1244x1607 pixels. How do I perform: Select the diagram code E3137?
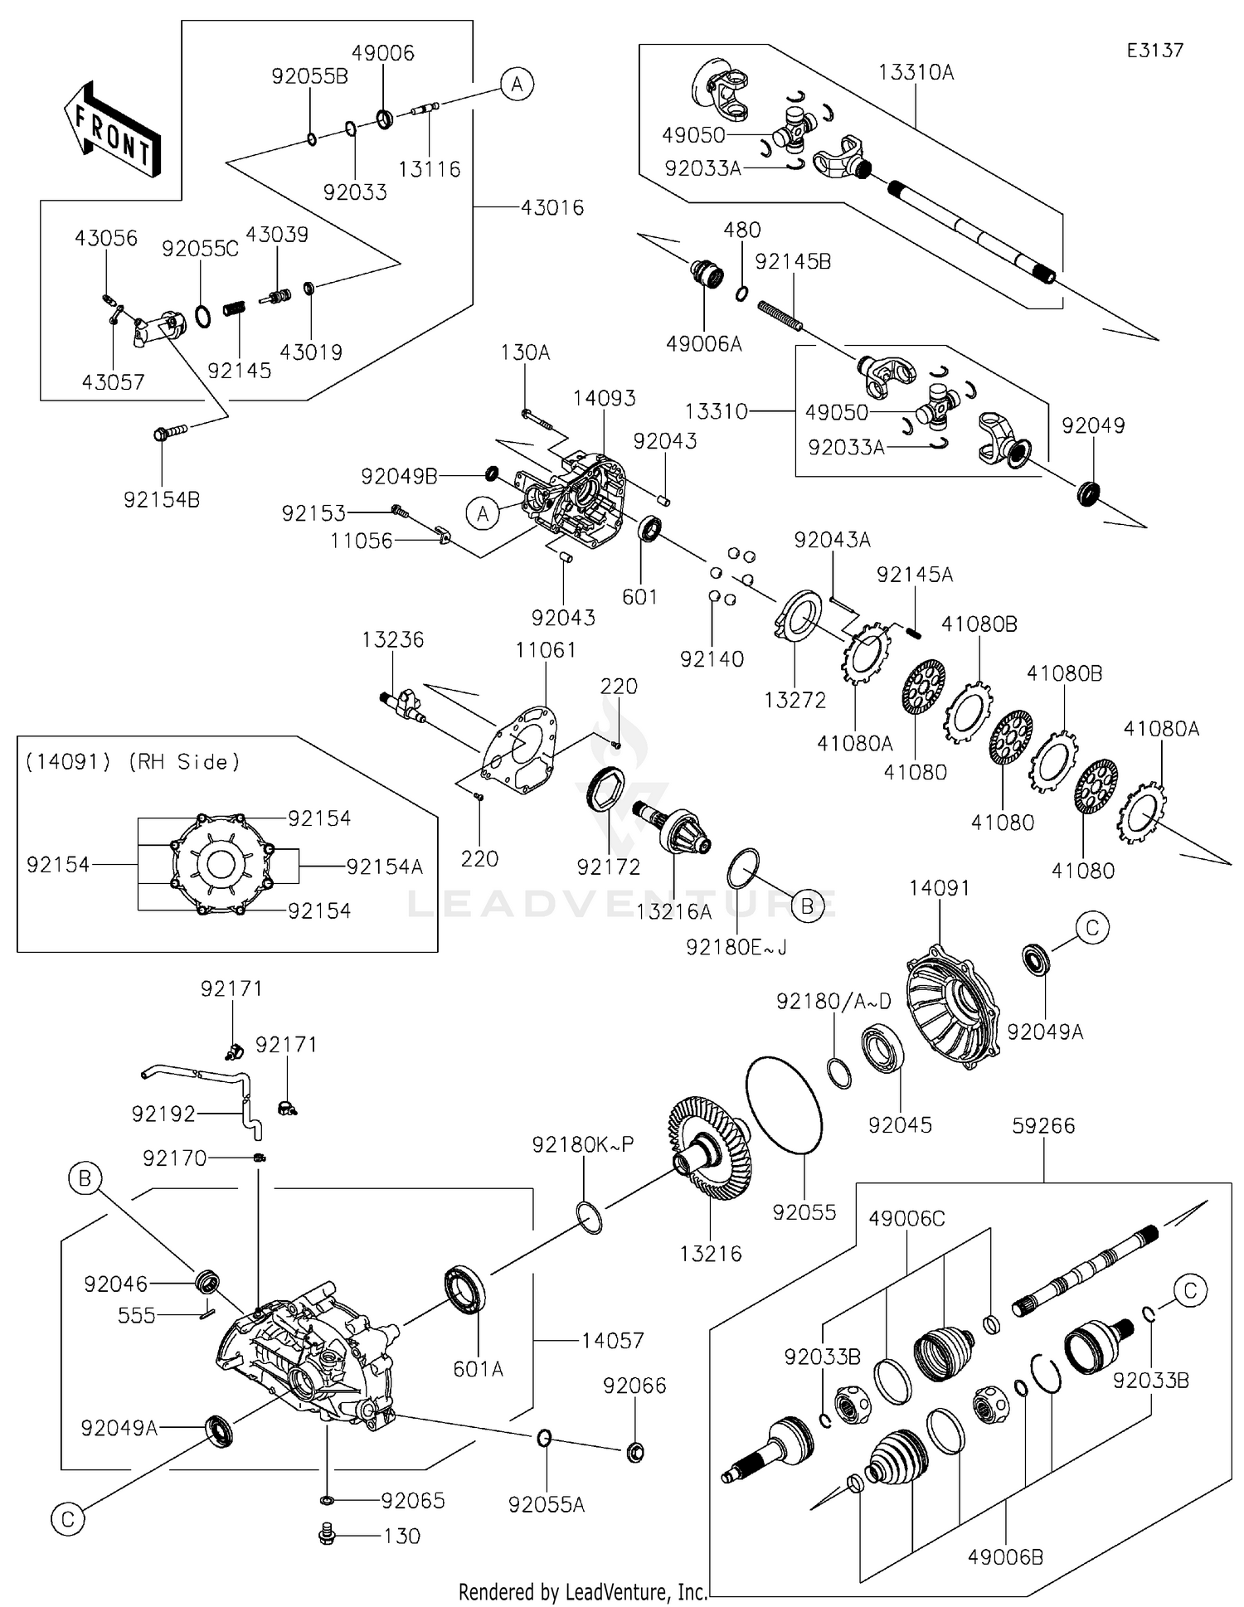(1154, 51)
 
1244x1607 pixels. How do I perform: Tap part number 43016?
(552, 207)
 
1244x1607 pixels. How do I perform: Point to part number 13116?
(429, 169)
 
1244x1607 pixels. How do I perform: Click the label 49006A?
(703, 343)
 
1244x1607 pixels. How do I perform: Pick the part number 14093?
(604, 398)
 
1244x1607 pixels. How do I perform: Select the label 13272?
(795, 701)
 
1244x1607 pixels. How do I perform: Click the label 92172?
(609, 867)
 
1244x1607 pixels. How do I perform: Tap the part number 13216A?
(673, 911)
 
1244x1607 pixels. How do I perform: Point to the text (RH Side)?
(184, 762)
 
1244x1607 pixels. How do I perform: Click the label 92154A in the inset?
(385, 867)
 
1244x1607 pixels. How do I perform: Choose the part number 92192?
(163, 1114)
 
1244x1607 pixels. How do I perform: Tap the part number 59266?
(1043, 1126)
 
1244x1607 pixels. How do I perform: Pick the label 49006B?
(1005, 1557)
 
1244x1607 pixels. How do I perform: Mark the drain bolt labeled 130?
(327, 1535)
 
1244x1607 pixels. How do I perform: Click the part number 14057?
(612, 1340)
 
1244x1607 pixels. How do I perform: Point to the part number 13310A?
(916, 73)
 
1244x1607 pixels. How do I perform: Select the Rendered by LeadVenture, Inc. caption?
(582, 1591)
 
